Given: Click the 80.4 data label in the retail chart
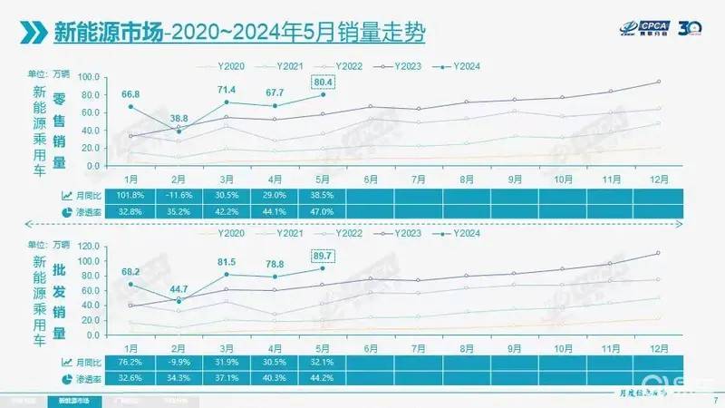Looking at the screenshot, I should coord(323,83).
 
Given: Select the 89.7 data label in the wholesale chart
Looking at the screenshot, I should coord(323,256).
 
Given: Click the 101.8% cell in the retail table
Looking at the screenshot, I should coord(131,195).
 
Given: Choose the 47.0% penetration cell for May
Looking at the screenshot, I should coord(323,210).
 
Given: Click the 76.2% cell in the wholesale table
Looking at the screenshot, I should coord(131,363).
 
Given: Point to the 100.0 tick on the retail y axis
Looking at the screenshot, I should coord(89,76).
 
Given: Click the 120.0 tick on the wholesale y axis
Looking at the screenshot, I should coord(89,247).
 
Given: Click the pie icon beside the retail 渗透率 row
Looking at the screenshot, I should coord(67,210).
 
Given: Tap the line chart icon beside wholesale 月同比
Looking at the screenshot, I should coord(67,363).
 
